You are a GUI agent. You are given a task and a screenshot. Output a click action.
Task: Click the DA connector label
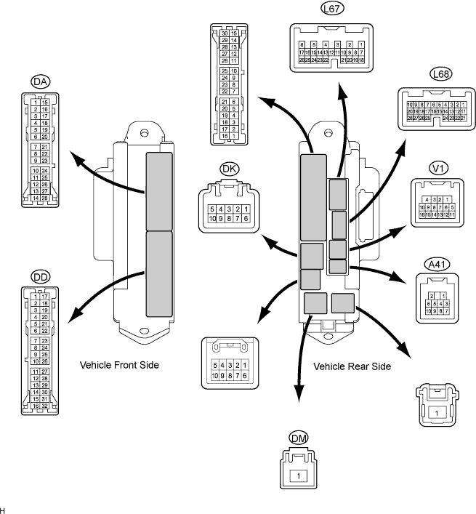tap(41, 82)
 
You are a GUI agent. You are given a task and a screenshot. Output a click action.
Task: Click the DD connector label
tap(41, 277)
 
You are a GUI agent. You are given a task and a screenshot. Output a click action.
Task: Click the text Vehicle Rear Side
tap(352, 366)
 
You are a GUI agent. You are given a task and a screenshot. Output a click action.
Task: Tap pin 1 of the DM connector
tap(298, 476)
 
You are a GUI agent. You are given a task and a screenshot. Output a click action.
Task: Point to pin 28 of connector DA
tap(46, 198)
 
